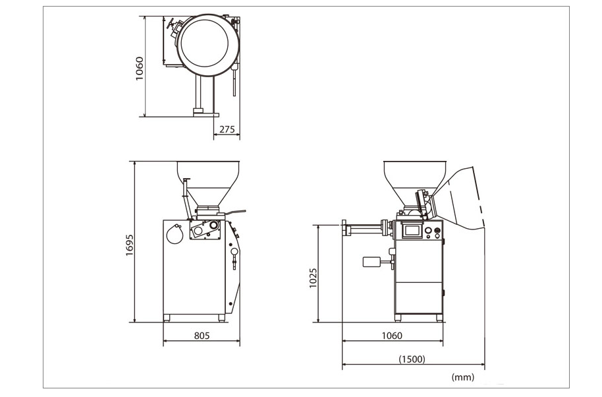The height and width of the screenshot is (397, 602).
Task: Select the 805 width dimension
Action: pyautogui.click(x=202, y=336)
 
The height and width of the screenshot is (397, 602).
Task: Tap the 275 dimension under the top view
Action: pyautogui.click(x=227, y=129)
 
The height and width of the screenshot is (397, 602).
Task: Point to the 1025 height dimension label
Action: pyautogui.click(x=314, y=278)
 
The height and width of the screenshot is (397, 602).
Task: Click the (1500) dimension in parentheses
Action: pyautogui.click(x=412, y=359)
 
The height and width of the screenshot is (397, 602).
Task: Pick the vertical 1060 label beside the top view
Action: pyautogui.click(x=140, y=69)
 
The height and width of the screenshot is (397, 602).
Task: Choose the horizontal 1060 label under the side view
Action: pyautogui.click(x=392, y=336)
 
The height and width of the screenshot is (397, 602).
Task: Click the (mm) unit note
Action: pyautogui.click(x=462, y=377)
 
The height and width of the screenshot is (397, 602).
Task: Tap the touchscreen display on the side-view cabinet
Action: pyautogui.click(x=411, y=231)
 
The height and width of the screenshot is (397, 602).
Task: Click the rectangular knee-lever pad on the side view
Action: pyautogui.click(x=371, y=262)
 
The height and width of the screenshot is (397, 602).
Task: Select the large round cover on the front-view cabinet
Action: pyautogui.click(x=175, y=234)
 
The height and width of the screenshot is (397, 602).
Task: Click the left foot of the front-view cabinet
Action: pyautogui.click(x=167, y=318)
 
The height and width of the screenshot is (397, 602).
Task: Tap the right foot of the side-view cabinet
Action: pyautogui.click(x=439, y=318)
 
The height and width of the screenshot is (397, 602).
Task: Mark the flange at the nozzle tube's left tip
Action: pyautogui.click(x=344, y=229)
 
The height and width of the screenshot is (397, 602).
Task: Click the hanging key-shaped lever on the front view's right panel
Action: pyautogui.click(x=234, y=257)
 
